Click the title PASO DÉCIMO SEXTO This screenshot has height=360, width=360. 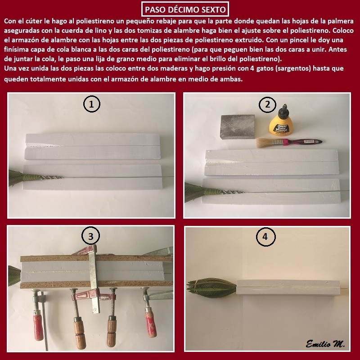click(185, 9)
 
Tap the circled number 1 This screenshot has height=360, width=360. click(92, 104)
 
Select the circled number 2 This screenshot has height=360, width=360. click(267, 104)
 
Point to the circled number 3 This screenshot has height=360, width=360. click(91, 236)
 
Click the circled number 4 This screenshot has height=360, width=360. click(265, 237)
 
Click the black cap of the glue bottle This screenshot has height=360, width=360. click(284, 109)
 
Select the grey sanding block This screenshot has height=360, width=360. click(238, 126)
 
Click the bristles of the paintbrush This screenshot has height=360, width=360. click(265, 143)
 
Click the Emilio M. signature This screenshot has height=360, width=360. click(325, 344)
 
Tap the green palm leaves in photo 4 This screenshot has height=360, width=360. click(211, 288)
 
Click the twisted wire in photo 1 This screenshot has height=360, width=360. click(52, 177)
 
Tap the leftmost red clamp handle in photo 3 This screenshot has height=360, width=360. click(38, 325)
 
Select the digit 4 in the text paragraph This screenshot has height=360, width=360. click(252, 68)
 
